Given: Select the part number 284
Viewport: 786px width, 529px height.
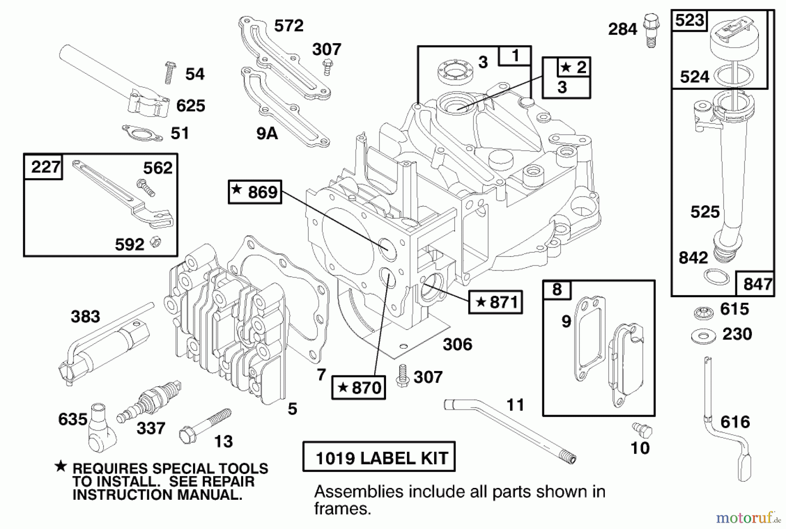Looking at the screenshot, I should coord(623,29).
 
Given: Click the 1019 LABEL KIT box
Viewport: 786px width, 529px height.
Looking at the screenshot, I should coord(379,457).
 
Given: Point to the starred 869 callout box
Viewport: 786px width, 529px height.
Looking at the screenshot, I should coord(255,192).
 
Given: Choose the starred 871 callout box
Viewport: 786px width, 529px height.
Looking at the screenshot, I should coord(495,302).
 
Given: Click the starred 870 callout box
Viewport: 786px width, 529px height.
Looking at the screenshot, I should coord(359,387).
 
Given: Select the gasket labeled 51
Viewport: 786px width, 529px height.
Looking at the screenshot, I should coord(142,133).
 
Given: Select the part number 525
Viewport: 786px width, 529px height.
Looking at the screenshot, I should coord(704,212).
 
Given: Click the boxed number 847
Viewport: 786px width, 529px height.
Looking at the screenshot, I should coord(758,284).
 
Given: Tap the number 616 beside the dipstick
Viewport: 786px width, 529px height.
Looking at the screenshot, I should coord(735,422).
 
